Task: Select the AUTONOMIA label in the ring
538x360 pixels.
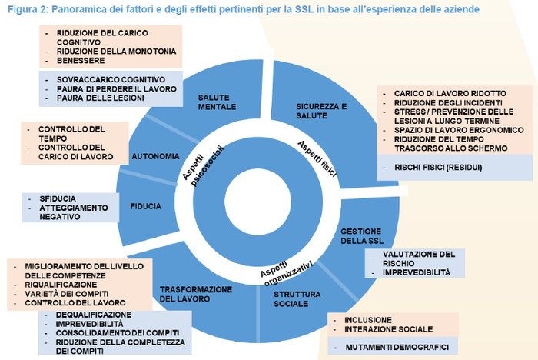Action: click(x=155, y=156)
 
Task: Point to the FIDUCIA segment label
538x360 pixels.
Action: click(x=146, y=206)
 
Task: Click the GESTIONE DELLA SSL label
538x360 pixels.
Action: click(x=361, y=236)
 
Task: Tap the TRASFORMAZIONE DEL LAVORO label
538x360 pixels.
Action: click(x=195, y=295)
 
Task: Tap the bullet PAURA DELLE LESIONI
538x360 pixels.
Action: click(x=99, y=98)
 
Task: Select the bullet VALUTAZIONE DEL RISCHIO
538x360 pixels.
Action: click(x=420, y=258)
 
